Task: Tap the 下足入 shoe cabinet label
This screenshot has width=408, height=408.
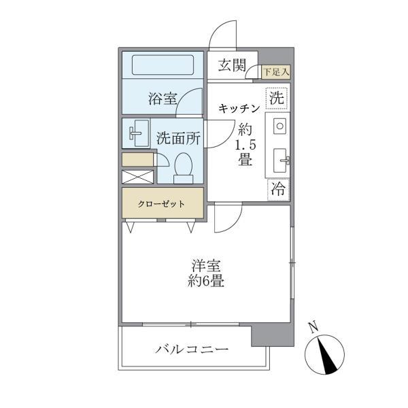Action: coord(276,71)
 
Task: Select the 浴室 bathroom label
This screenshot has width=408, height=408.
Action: coord(163,99)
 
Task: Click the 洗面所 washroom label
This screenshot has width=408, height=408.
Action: coord(178,137)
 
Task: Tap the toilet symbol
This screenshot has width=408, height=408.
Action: coord(183,167)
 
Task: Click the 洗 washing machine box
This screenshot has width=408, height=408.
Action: coord(277,98)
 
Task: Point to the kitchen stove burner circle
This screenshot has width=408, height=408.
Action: coord(279,126)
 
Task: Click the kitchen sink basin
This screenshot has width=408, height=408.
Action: coord(279,160)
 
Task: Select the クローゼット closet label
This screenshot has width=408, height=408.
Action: coord(163,203)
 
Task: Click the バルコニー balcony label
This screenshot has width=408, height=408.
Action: coord(191,350)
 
